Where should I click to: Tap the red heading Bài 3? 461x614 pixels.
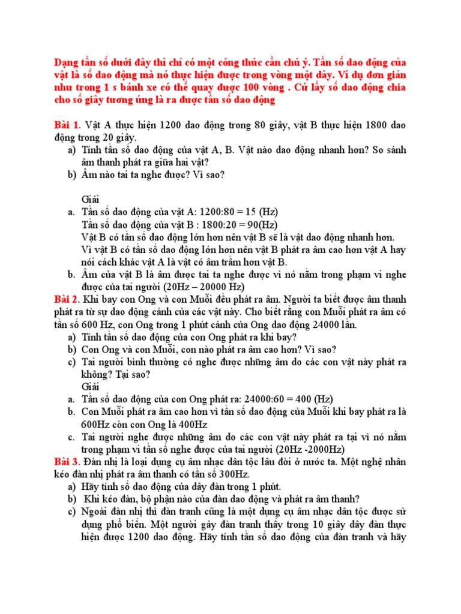66,461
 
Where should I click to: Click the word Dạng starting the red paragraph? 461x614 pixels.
68,62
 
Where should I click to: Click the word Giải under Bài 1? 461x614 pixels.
90,200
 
